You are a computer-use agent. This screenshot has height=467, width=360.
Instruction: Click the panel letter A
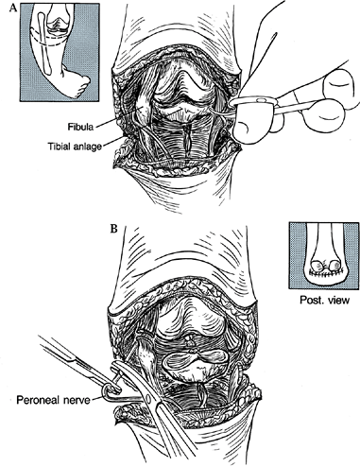click(x=13, y=8)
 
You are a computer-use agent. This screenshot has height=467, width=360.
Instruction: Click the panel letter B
click(x=113, y=228)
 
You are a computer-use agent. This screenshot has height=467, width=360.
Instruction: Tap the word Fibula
click(x=80, y=127)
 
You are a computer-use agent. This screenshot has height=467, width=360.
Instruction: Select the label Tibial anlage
click(x=76, y=147)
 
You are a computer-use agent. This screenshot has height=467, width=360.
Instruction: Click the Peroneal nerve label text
click(x=53, y=400)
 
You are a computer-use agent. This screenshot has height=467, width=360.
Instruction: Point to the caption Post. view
click(x=324, y=300)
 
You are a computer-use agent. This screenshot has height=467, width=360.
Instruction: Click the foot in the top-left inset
click(x=77, y=81)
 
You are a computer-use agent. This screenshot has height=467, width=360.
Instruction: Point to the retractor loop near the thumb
click(x=252, y=101)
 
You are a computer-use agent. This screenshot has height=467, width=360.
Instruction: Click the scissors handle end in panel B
click(x=110, y=390)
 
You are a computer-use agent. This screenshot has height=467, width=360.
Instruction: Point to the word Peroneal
click(x=37, y=400)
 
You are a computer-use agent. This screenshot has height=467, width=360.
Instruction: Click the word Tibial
click(x=60, y=147)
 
